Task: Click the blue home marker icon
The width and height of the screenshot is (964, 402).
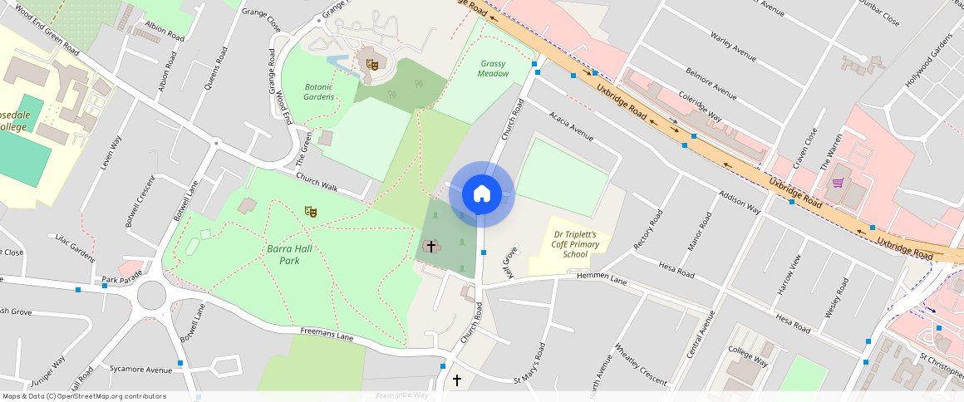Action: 482,194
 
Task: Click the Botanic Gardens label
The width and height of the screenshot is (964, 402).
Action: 319,91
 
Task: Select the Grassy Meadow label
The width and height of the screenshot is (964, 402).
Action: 493,68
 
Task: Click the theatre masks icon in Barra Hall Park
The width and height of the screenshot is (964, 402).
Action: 311,212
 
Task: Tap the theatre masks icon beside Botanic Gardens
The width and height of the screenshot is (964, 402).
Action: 373,63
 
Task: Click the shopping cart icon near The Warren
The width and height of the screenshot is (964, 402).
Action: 838,183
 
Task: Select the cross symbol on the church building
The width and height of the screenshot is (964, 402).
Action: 430,246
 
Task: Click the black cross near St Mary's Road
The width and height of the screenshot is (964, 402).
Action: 456,380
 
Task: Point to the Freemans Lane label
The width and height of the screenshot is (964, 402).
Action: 327,336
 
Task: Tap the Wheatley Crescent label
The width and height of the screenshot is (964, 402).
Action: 641,364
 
